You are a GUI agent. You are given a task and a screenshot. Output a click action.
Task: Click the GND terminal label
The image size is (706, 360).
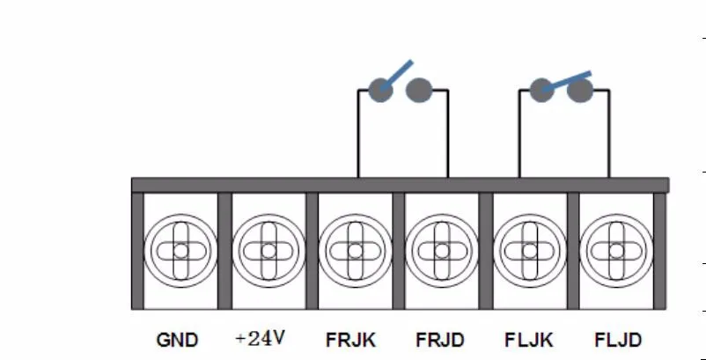(x=177, y=341)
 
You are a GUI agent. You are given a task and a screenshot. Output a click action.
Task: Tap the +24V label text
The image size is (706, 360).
(x=261, y=338)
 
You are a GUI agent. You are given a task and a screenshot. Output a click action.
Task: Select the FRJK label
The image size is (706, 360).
(x=350, y=341)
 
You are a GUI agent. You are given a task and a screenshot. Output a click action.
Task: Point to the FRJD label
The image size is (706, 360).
(x=440, y=341)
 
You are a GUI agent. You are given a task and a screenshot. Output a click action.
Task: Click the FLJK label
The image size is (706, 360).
(x=528, y=341)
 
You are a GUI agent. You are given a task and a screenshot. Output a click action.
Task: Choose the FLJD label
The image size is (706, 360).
(x=618, y=341)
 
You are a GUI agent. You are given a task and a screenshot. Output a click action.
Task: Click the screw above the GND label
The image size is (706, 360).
(x=180, y=251)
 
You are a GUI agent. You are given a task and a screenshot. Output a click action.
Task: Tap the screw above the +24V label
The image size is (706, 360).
(x=268, y=251)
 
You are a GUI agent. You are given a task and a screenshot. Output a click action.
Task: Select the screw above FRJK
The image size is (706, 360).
(x=356, y=251)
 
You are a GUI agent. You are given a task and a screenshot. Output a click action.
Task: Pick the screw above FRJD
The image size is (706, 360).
(x=442, y=251)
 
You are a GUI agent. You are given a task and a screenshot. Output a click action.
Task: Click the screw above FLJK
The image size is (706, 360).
(x=530, y=251)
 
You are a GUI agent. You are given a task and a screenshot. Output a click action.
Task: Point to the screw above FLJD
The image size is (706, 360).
(x=616, y=251)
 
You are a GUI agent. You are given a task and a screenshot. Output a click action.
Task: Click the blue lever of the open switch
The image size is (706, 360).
(x=396, y=75)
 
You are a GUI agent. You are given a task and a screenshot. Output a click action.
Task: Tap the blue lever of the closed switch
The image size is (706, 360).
(x=566, y=81)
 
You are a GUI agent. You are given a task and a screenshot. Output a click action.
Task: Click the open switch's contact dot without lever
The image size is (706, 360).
(x=419, y=90)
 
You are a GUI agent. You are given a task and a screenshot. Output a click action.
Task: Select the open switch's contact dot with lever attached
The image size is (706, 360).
(x=381, y=90)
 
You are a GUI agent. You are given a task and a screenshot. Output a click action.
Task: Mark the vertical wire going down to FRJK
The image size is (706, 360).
(x=358, y=134)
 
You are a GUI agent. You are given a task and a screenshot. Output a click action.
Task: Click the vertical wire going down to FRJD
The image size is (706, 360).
(x=448, y=134)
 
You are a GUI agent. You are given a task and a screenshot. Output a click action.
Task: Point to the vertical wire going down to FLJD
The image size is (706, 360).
(x=609, y=134)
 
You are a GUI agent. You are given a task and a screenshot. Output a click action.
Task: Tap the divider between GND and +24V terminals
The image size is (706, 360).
(x=224, y=251)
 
